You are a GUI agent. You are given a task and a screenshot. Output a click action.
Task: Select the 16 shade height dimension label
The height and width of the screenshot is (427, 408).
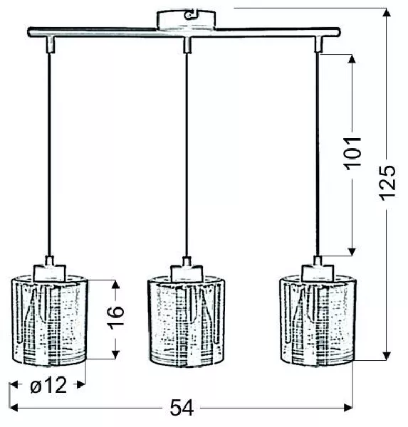pos(116,317)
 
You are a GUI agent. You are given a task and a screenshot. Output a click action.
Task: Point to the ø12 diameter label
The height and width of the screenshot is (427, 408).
pos(48,385)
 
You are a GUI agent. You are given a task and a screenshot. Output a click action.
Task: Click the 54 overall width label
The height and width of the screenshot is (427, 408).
pos(182,408)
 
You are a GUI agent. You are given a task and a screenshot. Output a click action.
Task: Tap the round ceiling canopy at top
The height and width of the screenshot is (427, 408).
pos(186,19)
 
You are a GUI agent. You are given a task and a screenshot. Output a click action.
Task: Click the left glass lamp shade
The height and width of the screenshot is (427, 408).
pos(50,320)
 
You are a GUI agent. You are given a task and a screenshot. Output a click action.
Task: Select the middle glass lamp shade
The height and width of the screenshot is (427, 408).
pos(186,322)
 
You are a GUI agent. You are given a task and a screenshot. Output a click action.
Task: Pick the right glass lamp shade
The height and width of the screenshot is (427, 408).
pos(318,320)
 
